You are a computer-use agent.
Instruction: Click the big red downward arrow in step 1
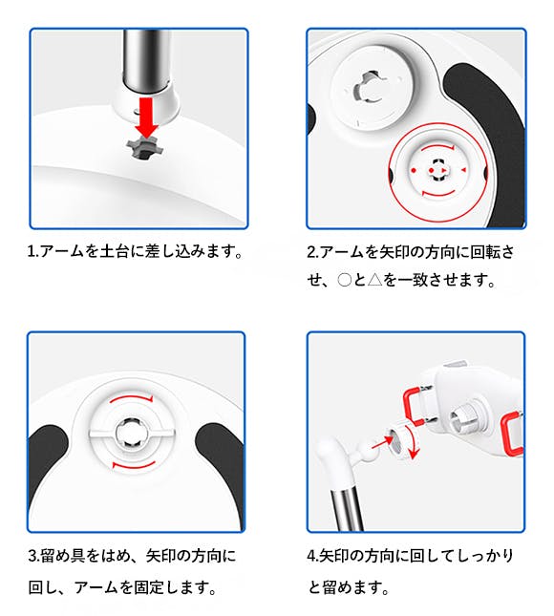pos(146,117)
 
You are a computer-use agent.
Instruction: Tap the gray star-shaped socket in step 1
pos(145,149)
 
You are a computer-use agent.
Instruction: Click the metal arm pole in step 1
pos(146,59)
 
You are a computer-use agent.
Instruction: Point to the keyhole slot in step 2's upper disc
pos(368,87)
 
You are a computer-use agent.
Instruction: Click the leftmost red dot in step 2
pos(414,170)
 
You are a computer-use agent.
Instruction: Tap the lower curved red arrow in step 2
pos(437,194)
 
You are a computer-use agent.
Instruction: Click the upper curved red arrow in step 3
pos(132,399)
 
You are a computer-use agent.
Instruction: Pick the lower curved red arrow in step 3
pos(134,466)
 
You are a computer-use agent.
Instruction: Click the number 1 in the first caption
pos(31,251)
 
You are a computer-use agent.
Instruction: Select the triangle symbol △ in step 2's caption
pos(375,280)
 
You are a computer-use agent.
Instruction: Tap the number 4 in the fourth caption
pos(311,556)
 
